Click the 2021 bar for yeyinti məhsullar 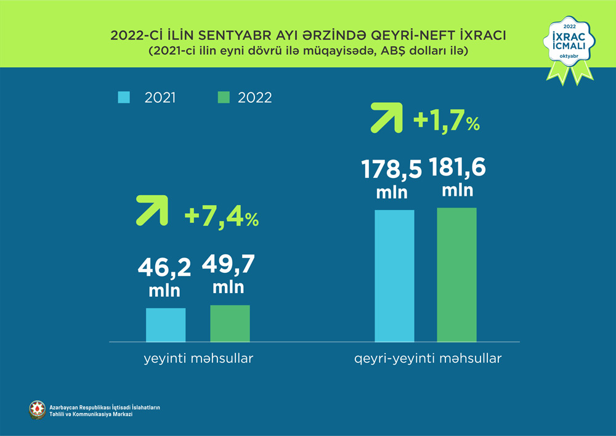coord(166,325)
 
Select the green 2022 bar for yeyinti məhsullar coord(230,323)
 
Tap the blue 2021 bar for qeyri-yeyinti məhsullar coord(394,275)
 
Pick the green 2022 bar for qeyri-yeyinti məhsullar coord(456,275)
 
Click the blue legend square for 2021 coord(123,97)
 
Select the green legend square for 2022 coord(224,97)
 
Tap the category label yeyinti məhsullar coord(195,358)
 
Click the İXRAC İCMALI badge coord(569,42)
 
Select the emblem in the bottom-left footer coord(38,410)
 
